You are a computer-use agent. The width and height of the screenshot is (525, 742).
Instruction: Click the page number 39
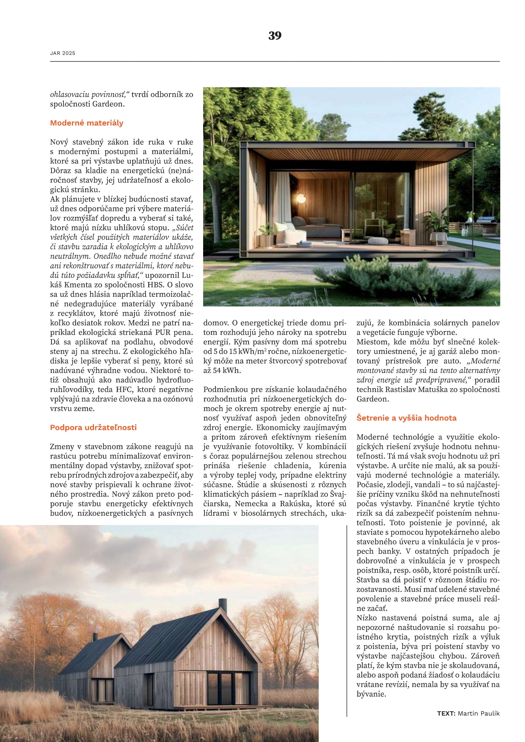click(275, 36)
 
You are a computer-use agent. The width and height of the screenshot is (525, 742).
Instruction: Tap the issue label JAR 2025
click(63, 53)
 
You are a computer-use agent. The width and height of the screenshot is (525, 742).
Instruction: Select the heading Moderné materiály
click(87, 123)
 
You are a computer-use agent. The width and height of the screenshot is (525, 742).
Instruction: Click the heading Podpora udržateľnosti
click(93, 427)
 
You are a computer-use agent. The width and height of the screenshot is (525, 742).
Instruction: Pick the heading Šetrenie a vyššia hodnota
click(406, 418)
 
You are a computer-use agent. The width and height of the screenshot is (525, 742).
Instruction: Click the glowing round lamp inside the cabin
click(301, 197)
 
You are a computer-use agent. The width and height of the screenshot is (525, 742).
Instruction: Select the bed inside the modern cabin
click(320, 226)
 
